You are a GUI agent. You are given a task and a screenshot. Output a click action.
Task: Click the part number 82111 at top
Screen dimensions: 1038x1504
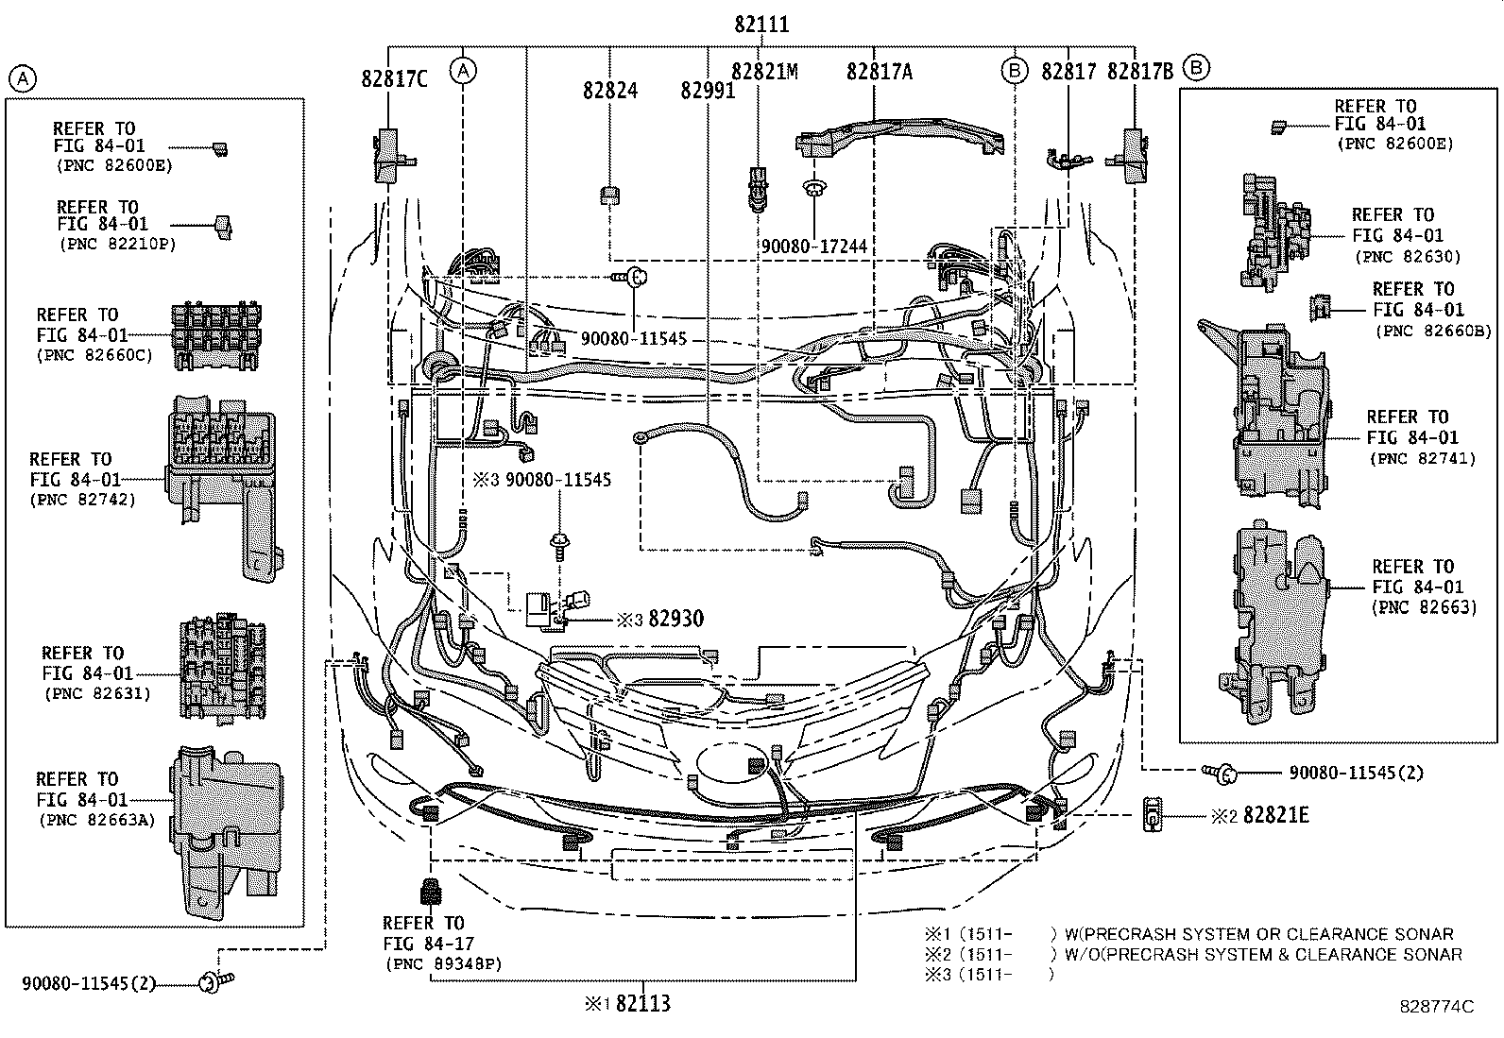click(761, 25)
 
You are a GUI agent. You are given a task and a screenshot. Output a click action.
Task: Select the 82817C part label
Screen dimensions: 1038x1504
click(394, 79)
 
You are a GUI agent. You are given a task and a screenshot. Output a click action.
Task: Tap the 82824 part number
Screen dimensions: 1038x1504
click(609, 91)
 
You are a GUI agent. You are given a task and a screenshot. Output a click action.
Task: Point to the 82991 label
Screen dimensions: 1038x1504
click(708, 91)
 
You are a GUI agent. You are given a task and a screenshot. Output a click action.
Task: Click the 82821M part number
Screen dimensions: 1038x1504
click(764, 72)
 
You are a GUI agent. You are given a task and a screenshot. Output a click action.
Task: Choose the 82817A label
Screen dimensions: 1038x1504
click(880, 72)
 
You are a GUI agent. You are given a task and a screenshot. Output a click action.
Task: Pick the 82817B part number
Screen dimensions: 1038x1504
click(1140, 72)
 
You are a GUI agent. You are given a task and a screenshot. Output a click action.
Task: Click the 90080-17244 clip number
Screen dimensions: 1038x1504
click(813, 247)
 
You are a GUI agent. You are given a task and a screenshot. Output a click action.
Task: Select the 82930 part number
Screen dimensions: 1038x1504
click(675, 620)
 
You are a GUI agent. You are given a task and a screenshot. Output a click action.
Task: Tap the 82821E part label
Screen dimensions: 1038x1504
click(1276, 815)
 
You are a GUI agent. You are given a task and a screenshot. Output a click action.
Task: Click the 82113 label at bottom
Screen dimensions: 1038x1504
click(642, 1003)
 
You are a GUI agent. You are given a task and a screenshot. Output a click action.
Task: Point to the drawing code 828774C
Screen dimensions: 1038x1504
click(1437, 1007)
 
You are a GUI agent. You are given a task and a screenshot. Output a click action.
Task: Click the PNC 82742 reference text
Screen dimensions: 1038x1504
click(85, 500)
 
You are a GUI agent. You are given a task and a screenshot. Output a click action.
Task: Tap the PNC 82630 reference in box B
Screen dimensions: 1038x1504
click(1408, 257)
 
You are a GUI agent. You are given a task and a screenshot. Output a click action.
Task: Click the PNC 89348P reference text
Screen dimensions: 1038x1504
click(444, 964)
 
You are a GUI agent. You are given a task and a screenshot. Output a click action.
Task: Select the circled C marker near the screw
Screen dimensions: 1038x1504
click(637, 277)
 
